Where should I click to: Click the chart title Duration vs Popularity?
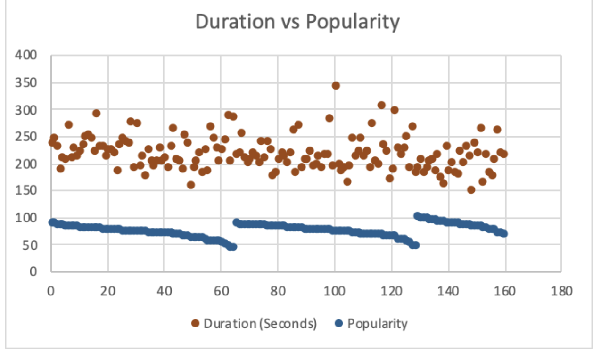pyautogui.click(x=297, y=22)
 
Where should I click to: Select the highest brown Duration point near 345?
pyautogui.click(x=336, y=86)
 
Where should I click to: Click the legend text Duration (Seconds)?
pyautogui.click(x=260, y=324)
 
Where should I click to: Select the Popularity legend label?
pyautogui.click(x=377, y=324)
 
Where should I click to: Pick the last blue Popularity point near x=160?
pyautogui.click(x=504, y=233)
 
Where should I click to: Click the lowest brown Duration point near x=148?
pyautogui.click(x=470, y=190)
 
